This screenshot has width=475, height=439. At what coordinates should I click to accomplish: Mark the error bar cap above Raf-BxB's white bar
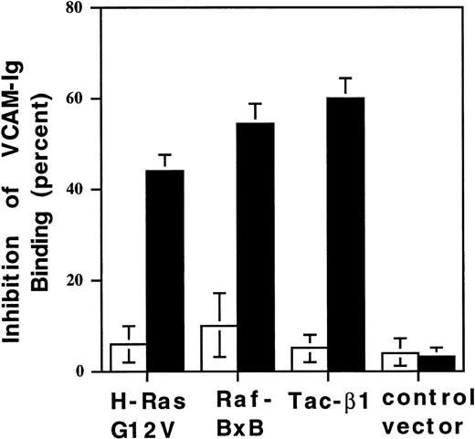coord(219,293)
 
